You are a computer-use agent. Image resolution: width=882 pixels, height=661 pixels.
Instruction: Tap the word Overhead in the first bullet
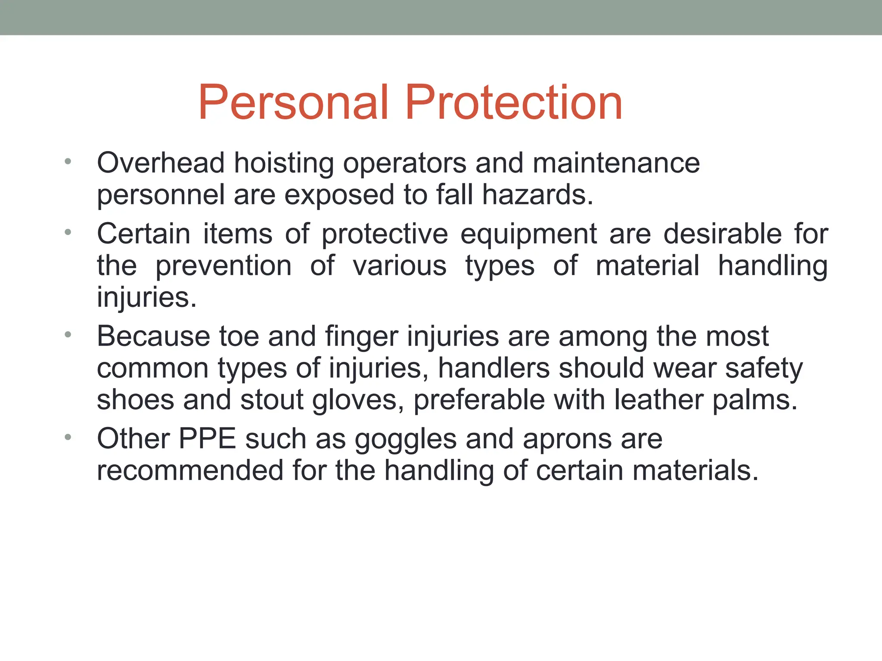[x=161, y=163]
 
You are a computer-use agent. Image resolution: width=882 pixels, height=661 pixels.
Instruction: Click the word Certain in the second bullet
[x=143, y=234]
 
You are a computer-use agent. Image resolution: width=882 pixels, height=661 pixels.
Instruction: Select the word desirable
[x=722, y=234]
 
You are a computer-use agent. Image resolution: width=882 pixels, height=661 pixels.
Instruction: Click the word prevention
[x=224, y=266]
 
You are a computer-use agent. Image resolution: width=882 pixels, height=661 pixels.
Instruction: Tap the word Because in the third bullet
[x=153, y=336]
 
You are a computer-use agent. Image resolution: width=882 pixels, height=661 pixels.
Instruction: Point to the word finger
[x=361, y=337]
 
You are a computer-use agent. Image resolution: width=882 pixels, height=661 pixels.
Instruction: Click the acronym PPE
[x=207, y=439]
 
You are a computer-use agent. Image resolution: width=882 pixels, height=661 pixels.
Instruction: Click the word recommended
[x=190, y=470]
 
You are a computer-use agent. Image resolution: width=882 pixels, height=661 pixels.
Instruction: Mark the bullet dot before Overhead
[x=67, y=162]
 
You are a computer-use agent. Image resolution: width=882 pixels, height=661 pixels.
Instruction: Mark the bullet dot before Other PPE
[x=67, y=438]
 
